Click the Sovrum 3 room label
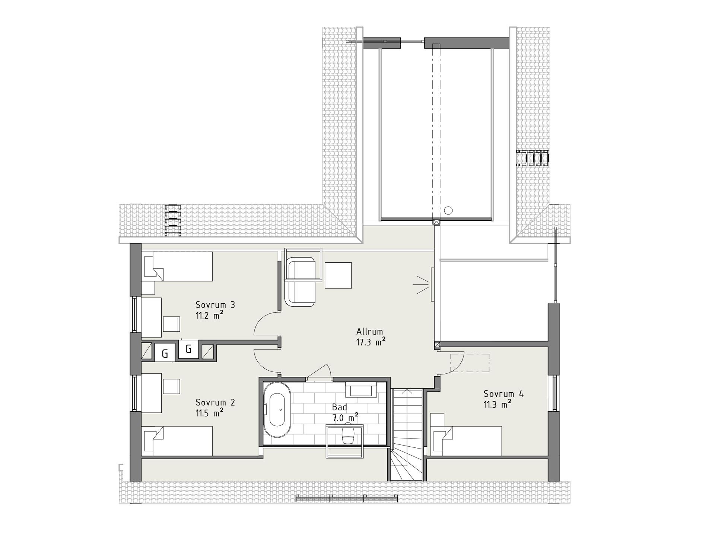point(215,305)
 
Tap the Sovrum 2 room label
point(215,402)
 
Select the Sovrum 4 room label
point(503,394)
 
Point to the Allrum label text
point(369,331)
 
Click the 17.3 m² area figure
point(371,342)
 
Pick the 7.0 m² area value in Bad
point(345,418)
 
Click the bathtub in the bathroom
point(277,409)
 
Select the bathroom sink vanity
point(360,389)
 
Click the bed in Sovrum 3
point(178,267)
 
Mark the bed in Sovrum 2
point(178,441)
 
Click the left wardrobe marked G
point(165,353)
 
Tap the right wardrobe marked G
point(188,349)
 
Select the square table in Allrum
point(338,275)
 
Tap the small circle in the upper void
point(448,211)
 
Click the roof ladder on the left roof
point(173,220)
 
